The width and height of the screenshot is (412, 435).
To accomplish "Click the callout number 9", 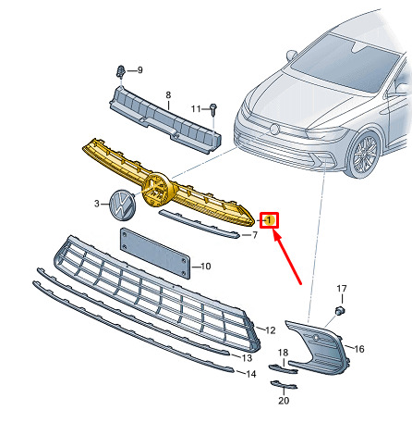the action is tap(140, 70).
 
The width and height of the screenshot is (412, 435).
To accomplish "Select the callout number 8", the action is tap(168, 94).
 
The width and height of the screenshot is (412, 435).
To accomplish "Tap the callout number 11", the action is tap(196, 109).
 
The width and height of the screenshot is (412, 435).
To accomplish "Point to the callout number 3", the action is tap(97, 204).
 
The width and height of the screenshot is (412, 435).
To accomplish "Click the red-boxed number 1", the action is tap(269, 220).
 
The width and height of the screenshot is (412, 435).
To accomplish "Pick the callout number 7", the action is tap(255, 235).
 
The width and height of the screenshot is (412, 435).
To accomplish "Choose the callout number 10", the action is tap(206, 267).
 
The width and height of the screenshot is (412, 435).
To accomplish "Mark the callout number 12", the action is tap(271, 330).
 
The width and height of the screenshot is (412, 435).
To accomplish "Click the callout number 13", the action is tap(247, 358).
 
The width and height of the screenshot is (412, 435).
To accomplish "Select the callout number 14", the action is tap(251, 374).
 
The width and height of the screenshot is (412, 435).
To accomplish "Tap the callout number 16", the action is tap(359, 349).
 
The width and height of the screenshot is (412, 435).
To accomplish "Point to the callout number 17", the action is tap(342, 289).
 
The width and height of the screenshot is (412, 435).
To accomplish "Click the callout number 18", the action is tap(283, 353).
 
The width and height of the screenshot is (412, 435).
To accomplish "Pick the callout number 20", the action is tap(284, 401).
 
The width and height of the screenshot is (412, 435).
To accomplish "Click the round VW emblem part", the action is tap(122, 205).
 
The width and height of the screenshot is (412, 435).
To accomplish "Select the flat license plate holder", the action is tap(155, 254).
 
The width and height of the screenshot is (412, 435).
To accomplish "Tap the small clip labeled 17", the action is tap(340, 310).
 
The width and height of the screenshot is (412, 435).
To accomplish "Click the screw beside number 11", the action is tap(213, 109).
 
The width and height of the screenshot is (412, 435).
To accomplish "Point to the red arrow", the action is tap(286, 257).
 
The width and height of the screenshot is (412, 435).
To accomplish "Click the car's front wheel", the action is tap(364, 154).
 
